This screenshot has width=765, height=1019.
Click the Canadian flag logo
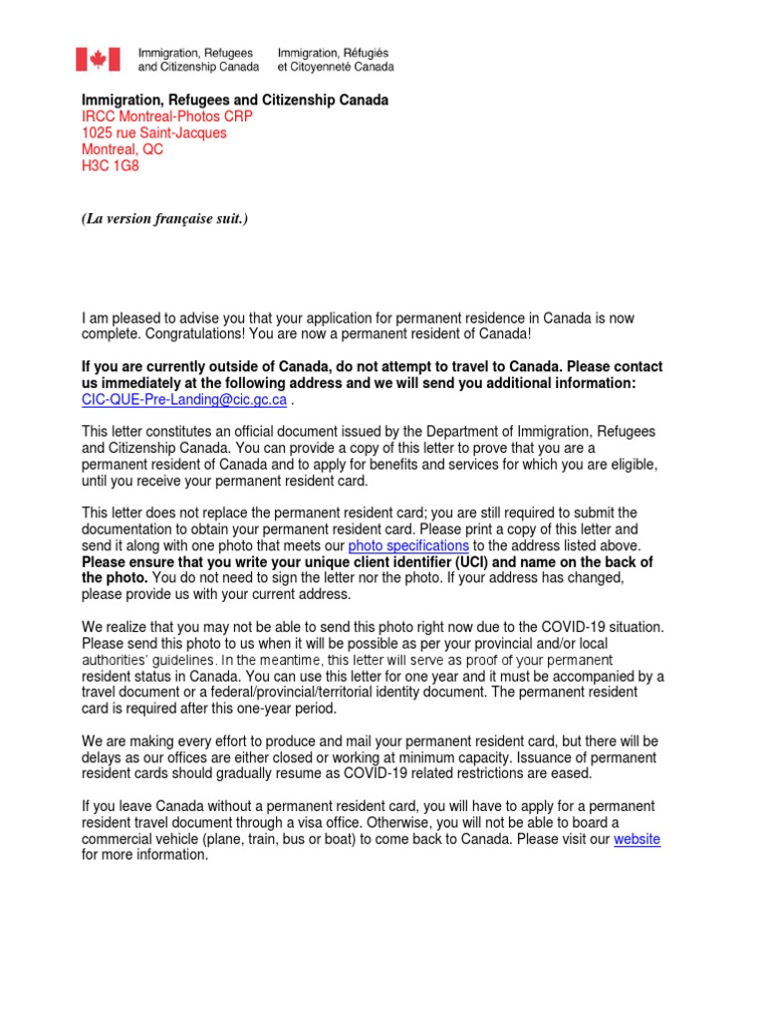tap(98, 59)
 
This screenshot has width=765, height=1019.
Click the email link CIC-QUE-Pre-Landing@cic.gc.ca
tap(184, 400)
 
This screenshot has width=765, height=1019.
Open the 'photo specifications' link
tap(408, 546)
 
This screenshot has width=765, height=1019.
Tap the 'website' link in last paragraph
tap(637, 839)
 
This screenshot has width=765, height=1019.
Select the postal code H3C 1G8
tap(111, 166)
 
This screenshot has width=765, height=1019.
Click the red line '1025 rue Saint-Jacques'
tap(153, 133)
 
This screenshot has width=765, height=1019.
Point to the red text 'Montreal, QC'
tap(122, 150)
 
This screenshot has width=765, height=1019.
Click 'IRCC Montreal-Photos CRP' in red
tap(166, 116)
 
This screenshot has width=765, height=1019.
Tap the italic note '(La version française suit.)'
tap(164, 218)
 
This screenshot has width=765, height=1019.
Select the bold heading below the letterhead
tap(234, 101)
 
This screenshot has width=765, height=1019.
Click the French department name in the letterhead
tap(335, 59)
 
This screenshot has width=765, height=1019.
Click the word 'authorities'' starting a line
tap(118, 661)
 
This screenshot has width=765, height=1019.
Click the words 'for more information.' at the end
tap(144, 855)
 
